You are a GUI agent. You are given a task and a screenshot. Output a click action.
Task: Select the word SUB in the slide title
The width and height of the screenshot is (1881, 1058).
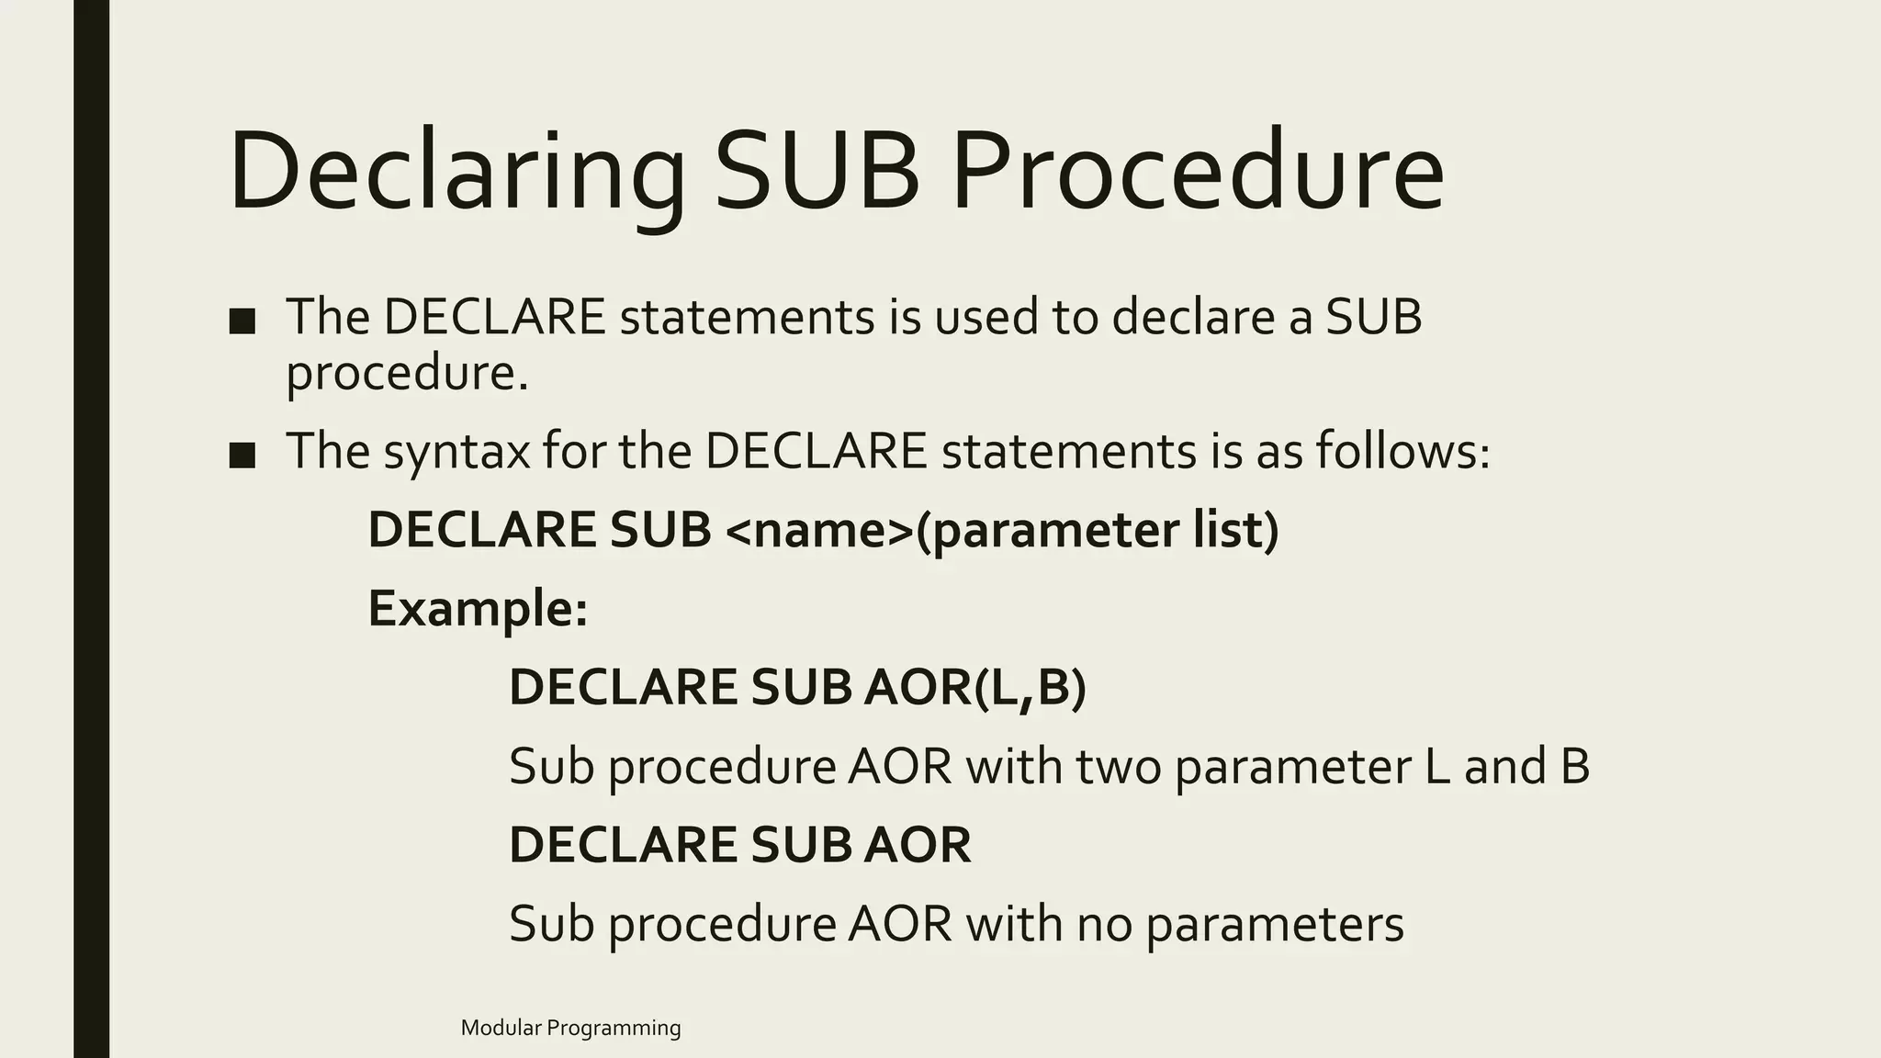(817, 173)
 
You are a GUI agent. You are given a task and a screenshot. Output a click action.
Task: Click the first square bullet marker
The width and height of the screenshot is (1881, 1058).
(242, 321)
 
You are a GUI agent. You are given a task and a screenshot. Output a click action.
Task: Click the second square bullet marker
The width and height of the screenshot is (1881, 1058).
(242, 455)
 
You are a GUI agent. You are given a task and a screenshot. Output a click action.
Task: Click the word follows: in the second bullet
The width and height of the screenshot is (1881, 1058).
(1402, 451)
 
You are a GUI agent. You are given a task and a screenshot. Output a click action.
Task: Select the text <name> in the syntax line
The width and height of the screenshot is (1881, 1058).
(819, 531)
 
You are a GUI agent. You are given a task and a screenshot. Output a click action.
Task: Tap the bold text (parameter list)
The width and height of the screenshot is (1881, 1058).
(1098, 531)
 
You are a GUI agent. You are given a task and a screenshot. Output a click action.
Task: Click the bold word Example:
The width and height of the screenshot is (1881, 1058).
(478, 609)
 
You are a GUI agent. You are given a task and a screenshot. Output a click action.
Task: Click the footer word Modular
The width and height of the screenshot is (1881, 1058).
(501, 1028)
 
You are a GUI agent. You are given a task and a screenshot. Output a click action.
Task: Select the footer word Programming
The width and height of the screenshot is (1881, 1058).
(614, 1029)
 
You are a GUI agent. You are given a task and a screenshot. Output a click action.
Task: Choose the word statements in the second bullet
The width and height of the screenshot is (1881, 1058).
(1068, 451)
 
